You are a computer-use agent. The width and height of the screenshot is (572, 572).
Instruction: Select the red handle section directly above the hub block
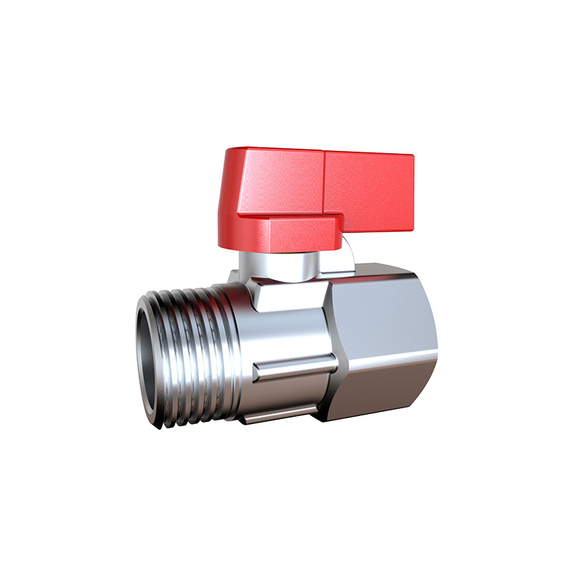pyautogui.click(x=282, y=182)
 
